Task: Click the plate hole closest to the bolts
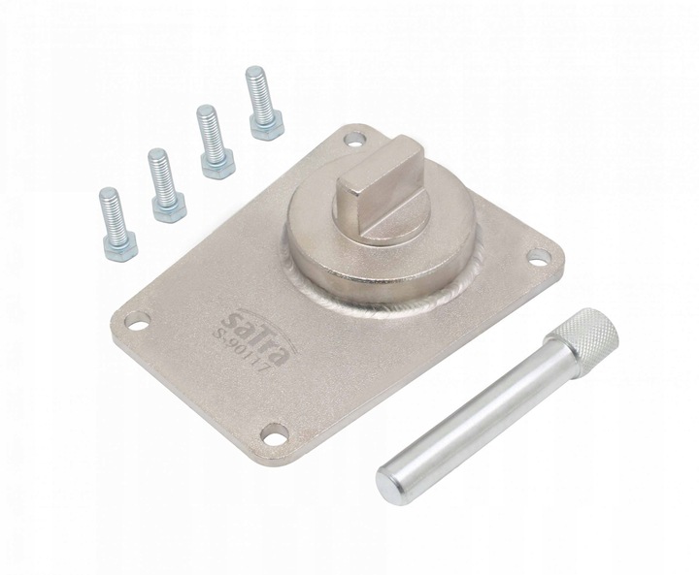coord(354,143)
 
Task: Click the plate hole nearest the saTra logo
coord(135,321)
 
